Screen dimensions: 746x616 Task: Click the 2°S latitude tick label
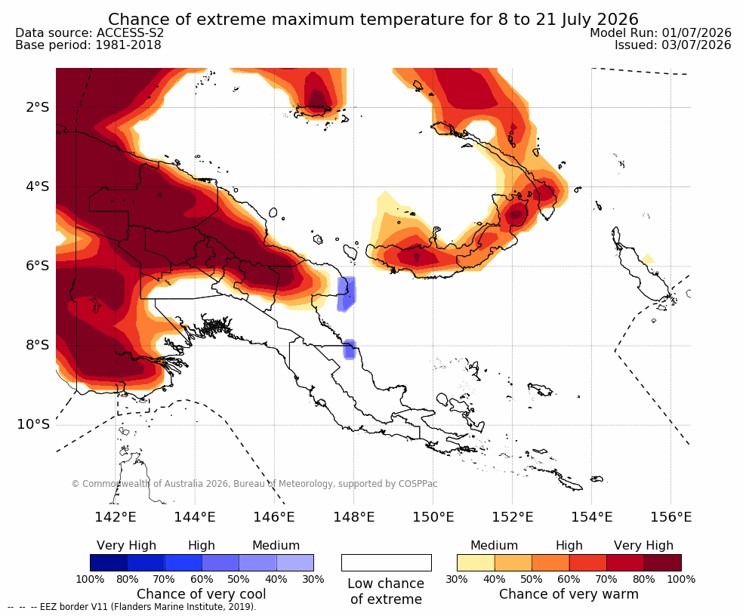pyautogui.click(x=38, y=107)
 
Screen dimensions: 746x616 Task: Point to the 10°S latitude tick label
pyautogui.click(x=33, y=424)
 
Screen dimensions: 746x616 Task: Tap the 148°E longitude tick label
pyautogui.click(x=353, y=516)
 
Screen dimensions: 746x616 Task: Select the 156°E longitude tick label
pyautogui.click(x=670, y=516)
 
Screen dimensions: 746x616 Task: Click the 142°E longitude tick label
pyautogui.click(x=116, y=516)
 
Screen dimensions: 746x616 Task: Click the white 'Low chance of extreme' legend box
pyautogui.click(x=387, y=562)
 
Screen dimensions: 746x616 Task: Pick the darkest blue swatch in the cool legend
pyautogui.click(x=109, y=562)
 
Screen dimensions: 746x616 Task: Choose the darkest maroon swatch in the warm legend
pyautogui.click(x=663, y=562)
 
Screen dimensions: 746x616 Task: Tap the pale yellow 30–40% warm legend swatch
pyautogui.click(x=476, y=562)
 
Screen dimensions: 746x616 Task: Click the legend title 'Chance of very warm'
pyautogui.click(x=569, y=594)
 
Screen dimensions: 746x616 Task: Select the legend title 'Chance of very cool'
pyautogui.click(x=202, y=594)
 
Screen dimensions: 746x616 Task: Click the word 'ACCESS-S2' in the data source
pyautogui.click(x=130, y=32)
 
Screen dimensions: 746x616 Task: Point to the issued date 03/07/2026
pyautogui.click(x=696, y=45)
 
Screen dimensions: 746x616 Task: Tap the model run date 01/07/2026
pyautogui.click(x=696, y=32)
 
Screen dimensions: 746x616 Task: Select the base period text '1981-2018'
pyautogui.click(x=128, y=45)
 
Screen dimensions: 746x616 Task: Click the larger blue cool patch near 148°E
pyautogui.click(x=346, y=294)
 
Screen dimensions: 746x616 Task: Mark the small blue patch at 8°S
pyautogui.click(x=350, y=350)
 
